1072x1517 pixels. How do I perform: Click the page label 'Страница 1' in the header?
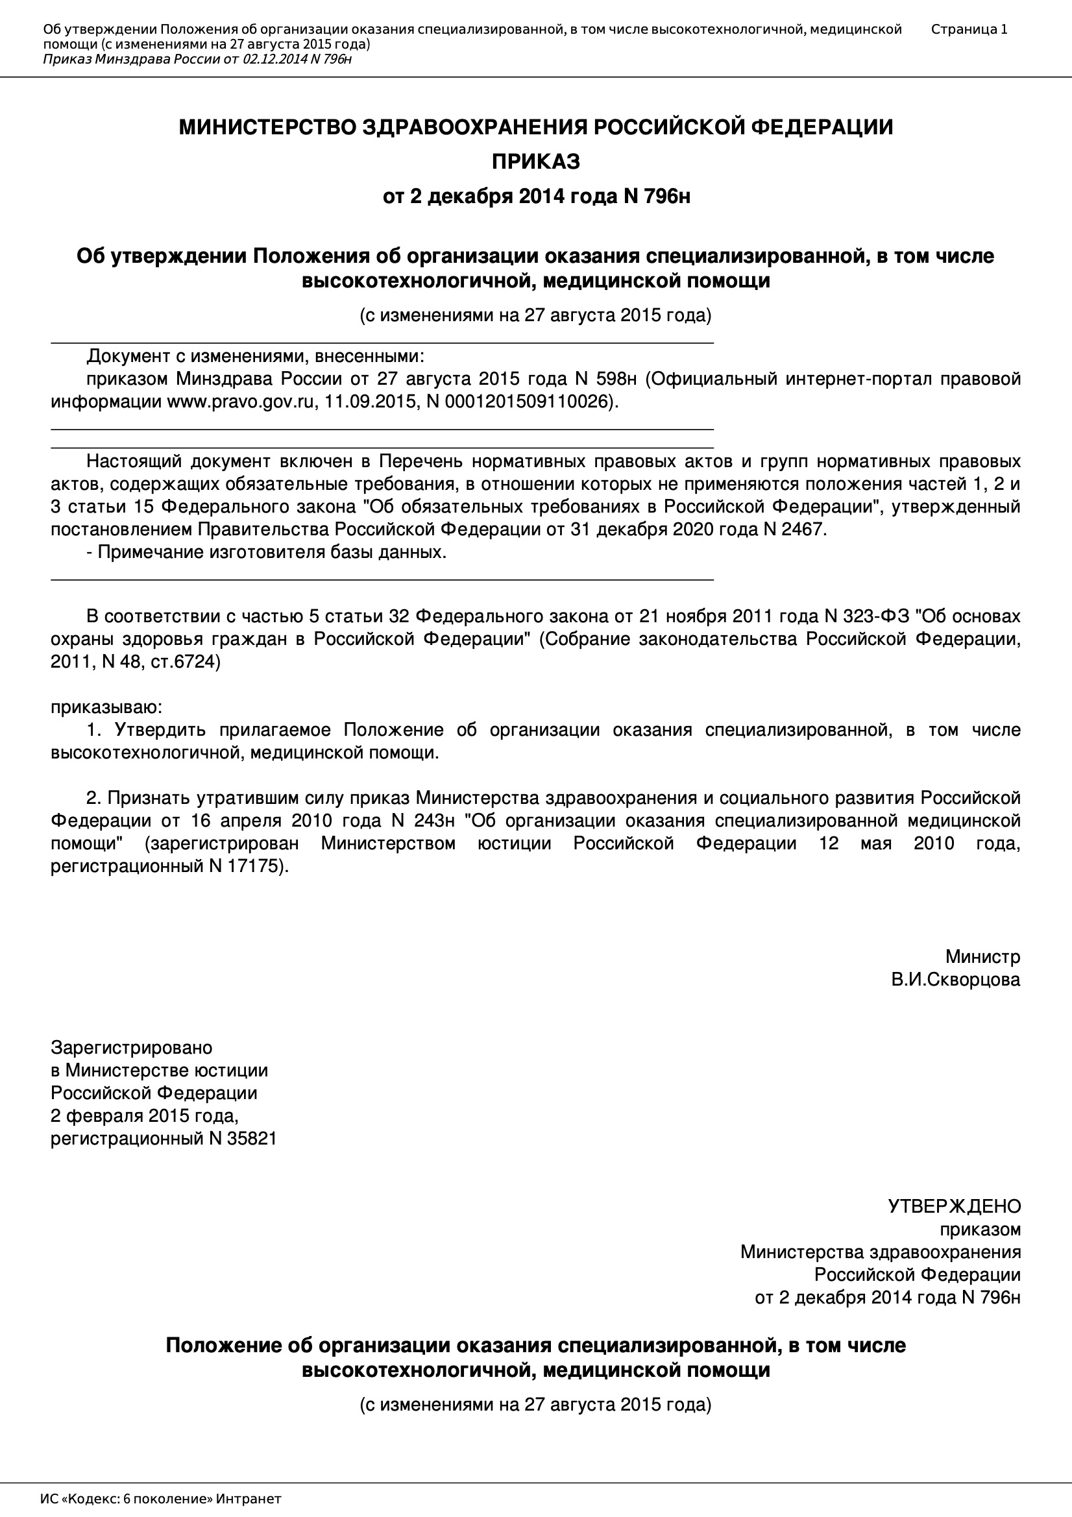tap(969, 29)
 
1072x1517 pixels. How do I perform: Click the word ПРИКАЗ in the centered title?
tap(535, 161)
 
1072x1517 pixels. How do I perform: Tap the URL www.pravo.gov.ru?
tap(239, 402)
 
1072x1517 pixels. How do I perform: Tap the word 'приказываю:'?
tap(106, 707)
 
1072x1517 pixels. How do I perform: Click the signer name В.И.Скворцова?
tap(955, 979)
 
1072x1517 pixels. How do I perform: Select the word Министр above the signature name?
tap(982, 956)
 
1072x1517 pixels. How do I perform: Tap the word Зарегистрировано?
tap(132, 1048)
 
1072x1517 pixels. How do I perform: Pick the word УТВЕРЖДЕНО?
tap(954, 1206)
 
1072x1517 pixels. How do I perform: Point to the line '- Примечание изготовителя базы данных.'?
tap(266, 552)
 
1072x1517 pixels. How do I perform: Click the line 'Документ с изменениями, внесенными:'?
tap(255, 356)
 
